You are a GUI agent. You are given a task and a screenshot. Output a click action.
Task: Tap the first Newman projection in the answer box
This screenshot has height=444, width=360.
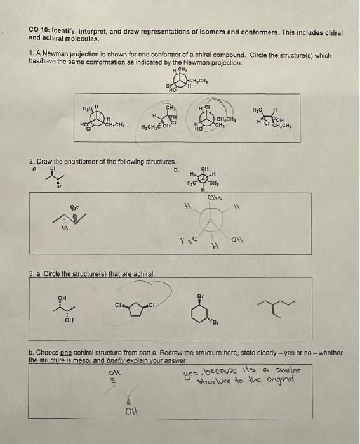[99, 117]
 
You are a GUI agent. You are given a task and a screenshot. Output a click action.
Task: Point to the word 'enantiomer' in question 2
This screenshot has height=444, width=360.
[81, 162]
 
